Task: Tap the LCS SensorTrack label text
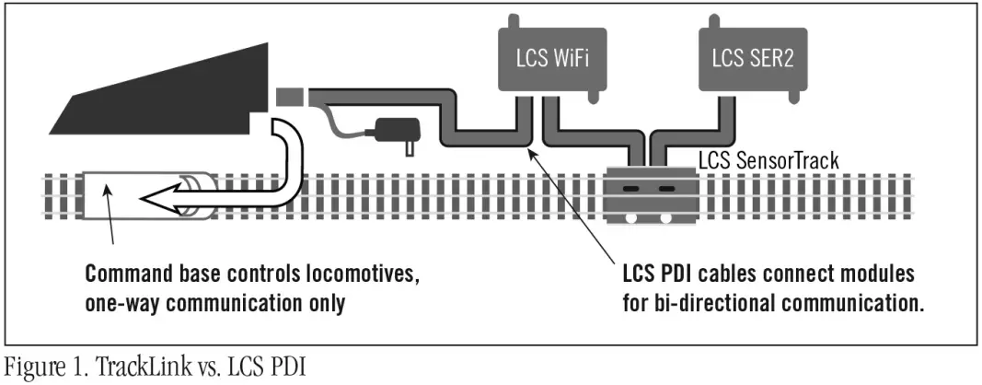[x=768, y=161]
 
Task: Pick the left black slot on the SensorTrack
[x=631, y=187]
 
